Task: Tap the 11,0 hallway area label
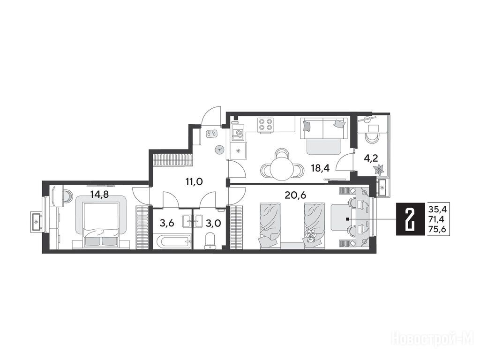(194, 182)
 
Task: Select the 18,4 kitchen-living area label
(320, 168)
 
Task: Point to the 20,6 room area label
(295, 195)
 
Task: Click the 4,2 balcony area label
(371, 158)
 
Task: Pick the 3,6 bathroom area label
(167, 223)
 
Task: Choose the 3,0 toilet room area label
(213, 223)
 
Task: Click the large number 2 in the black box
(409, 219)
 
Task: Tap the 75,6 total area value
(437, 229)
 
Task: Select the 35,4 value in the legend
(437, 210)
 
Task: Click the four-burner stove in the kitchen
(265, 125)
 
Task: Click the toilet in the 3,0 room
(210, 240)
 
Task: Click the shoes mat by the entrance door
(211, 134)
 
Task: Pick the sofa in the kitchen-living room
(324, 136)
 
